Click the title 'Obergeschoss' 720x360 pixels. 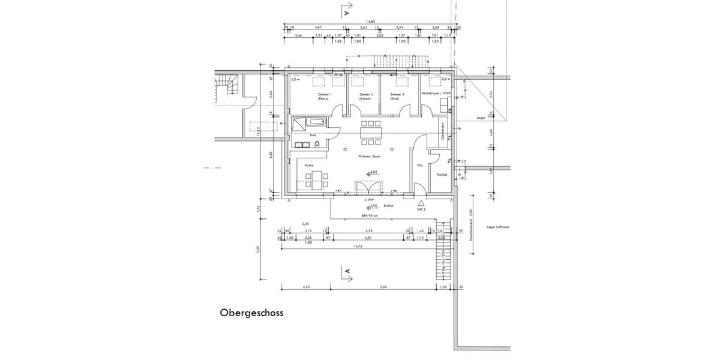pos(251,313)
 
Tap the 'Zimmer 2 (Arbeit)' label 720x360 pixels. pos(366,97)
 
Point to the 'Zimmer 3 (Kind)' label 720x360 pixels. pos(397,97)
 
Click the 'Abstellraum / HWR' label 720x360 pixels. pos(436,95)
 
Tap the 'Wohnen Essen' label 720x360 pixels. pos(369,156)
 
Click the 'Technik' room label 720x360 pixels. pos(441,175)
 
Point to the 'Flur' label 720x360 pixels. pos(420,164)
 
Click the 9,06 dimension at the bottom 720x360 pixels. pos(383,287)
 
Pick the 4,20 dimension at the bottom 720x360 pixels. pos(307,287)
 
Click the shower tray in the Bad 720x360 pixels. pos(298,123)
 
